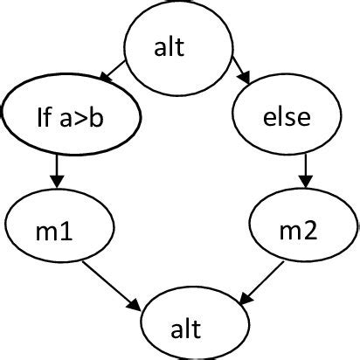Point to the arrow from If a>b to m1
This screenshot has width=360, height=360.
[x=57, y=169]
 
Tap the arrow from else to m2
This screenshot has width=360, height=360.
[x=303, y=169]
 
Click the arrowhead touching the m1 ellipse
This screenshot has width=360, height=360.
[x=57, y=183]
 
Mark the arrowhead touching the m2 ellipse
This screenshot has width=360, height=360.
[x=303, y=183]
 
